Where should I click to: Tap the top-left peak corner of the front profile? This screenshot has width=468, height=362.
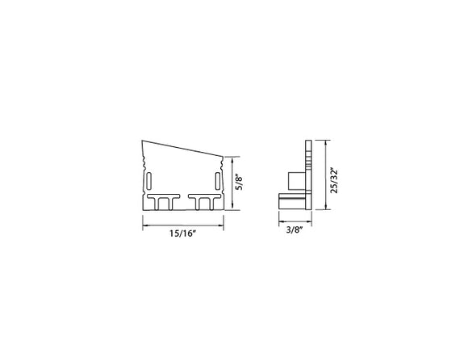143,141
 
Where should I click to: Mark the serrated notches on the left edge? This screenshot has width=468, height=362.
144,173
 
